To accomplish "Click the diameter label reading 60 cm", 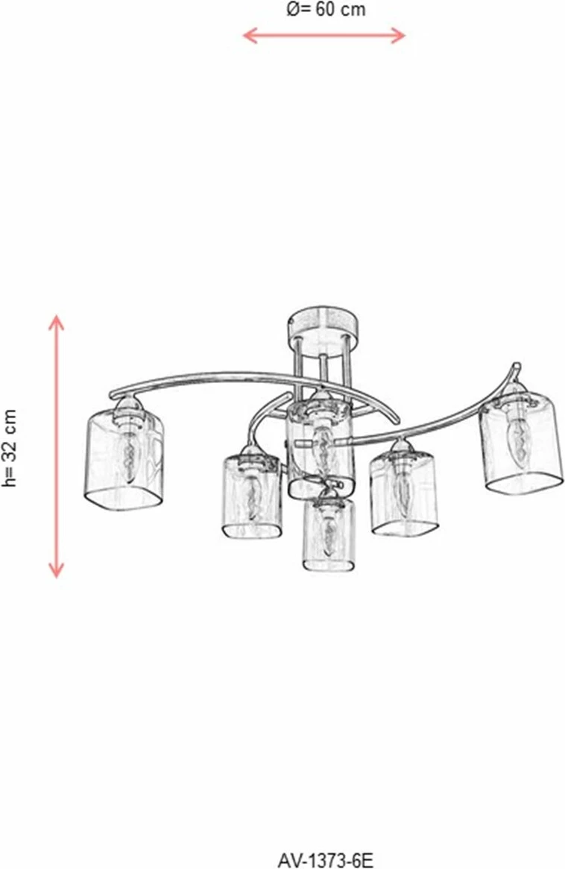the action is pyautogui.click(x=341, y=10).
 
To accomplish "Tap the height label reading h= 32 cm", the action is pyautogui.click(x=10, y=449).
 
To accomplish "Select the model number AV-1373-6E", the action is pyautogui.click(x=326, y=859).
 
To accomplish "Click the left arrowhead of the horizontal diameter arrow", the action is pyautogui.click(x=250, y=36).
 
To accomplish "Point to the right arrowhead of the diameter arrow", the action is pyautogui.click(x=399, y=36).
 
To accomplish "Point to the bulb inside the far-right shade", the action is pyautogui.click(x=517, y=436).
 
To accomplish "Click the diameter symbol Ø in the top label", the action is pyautogui.click(x=294, y=10).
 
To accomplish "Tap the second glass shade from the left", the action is pyautogui.click(x=250, y=496).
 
